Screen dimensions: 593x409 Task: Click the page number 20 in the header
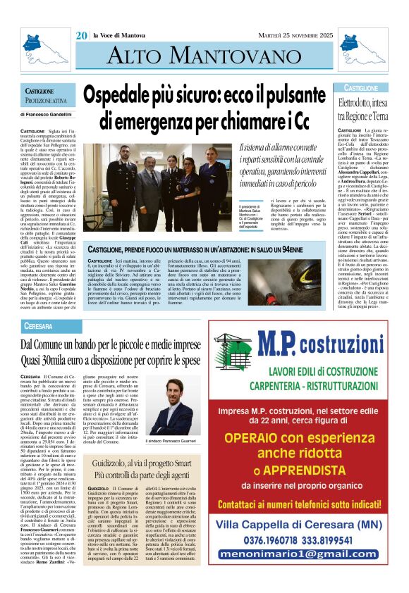point(81,35)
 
